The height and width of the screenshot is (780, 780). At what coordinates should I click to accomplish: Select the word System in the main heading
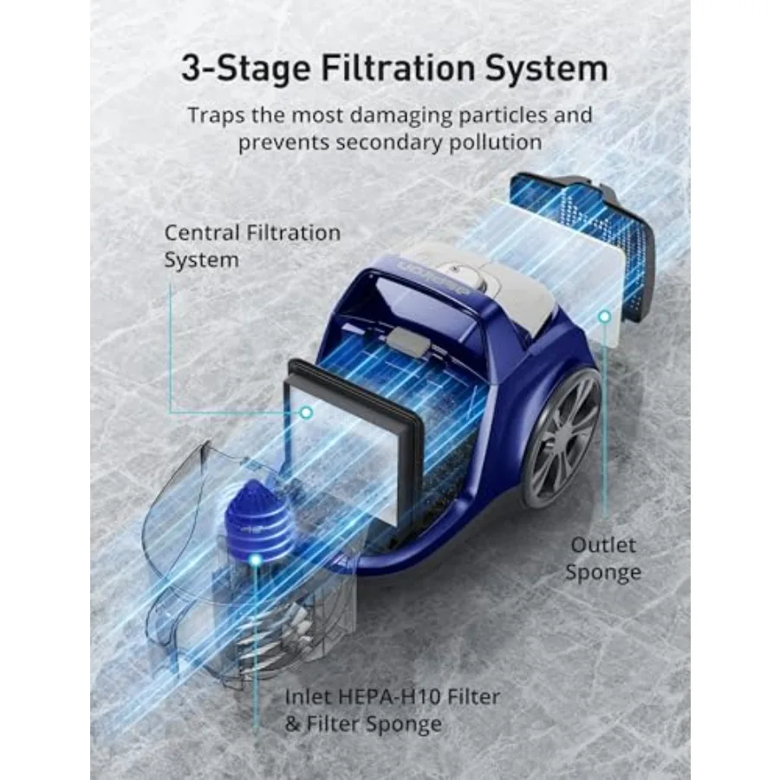[x=545, y=68]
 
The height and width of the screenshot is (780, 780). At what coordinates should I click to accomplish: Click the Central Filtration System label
[x=252, y=246]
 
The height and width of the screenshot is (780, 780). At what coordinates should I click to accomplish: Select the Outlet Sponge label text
[x=604, y=558]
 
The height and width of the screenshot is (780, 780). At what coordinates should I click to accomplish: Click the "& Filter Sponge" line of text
[x=363, y=724]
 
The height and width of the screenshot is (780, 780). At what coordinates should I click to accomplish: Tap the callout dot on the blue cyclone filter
[x=255, y=561]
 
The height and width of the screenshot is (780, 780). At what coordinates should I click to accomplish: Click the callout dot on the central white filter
[x=305, y=413]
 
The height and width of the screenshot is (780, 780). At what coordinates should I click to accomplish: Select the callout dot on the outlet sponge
[x=604, y=317]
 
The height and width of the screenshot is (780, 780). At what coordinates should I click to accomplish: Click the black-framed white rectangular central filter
[x=355, y=442]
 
